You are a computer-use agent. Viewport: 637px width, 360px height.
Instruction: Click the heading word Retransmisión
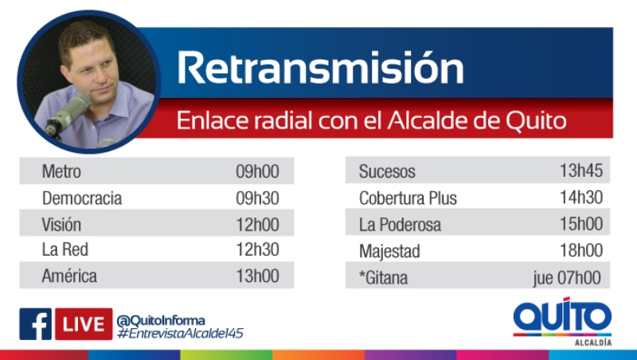click(x=320, y=68)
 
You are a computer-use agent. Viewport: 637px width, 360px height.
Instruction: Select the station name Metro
click(x=61, y=171)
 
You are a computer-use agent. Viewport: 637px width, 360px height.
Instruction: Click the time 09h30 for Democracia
click(x=257, y=198)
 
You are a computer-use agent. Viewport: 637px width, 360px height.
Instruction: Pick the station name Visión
click(x=61, y=225)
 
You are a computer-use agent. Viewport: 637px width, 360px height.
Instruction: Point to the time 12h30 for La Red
click(x=257, y=249)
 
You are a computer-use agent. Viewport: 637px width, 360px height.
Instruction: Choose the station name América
click(x=69, y=276)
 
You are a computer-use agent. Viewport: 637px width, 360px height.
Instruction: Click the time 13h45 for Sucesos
click(x=581, y=170)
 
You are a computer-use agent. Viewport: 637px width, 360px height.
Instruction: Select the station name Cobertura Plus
click(x=408, y=198)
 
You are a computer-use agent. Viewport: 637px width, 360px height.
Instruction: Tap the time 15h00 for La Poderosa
click(x=581, y=224)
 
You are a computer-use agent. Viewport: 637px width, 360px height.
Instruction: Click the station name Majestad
click(x=389, y=252)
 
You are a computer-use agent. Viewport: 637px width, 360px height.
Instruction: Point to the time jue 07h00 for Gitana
click(x=567, y=278)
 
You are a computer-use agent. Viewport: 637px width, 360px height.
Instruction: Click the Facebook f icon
click(x=35, y=324)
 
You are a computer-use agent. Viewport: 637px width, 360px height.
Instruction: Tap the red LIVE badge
click(x=84, y=324)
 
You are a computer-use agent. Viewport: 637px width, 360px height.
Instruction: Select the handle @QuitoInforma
click(x=161, y=321)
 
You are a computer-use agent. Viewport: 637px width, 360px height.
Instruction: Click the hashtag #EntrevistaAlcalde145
click(x=180, y=333)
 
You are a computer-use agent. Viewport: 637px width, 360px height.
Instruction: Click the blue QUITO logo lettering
click(x=562, y=315)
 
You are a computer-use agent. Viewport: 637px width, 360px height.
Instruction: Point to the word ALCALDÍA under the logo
click(x=593, y=342)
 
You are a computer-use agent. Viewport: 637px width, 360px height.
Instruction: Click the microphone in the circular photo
click(x=68, y=114)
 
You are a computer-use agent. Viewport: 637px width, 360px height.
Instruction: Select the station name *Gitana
click(x=384, y=278)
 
